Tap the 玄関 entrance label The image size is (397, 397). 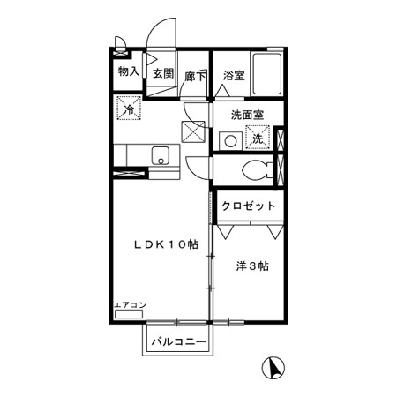(x=161, y=75)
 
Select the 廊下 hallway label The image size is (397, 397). (x=196, y=76)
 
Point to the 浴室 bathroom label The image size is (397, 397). (x=234, y=76)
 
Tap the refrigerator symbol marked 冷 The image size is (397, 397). (x=129, y=110)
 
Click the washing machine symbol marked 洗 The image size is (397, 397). (x=258, y=139)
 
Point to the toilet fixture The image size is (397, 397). (x=257, y=170)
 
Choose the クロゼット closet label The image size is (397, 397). (x=250, y=206)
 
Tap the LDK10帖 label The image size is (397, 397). (x=164, y=245)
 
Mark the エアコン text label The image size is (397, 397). (x=131, y=305)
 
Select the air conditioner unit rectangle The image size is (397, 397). (x=130, y=313)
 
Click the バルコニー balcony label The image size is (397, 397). (x=177, y=341)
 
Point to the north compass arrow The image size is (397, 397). (x=274, y=367)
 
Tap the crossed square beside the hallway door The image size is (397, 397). (x=194, y=131)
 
